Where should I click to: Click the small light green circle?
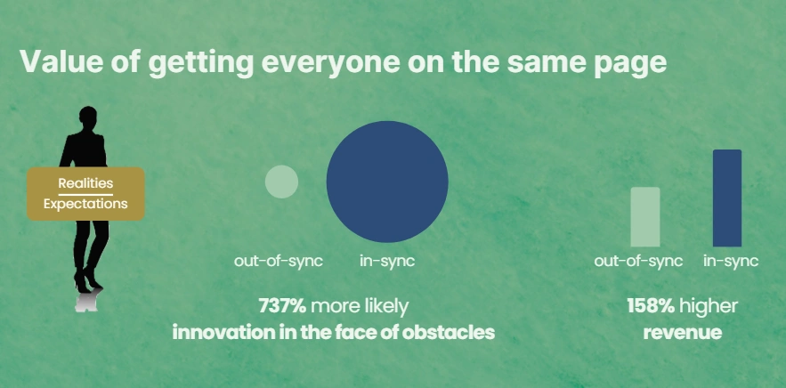[281, 182]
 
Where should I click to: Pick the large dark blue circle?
[387, 182]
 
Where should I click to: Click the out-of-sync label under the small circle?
[279, 261]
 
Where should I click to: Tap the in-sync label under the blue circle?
[387, 261]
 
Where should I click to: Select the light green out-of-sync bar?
[645, 216]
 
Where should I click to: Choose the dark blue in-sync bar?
[727, 198]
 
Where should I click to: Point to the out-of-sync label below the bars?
[639, 261]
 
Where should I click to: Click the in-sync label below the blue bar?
[731, 261]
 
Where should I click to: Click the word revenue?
[682, 334]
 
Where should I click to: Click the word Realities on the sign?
[85, 182]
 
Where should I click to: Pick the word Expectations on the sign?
[85, 204]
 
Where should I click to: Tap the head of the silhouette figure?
[87, 117]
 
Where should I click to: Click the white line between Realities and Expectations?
[85, 193]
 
